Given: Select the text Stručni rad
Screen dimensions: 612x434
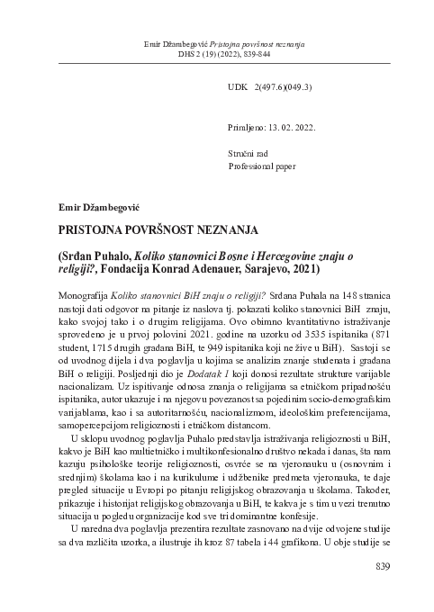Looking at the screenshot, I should point(250,155).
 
